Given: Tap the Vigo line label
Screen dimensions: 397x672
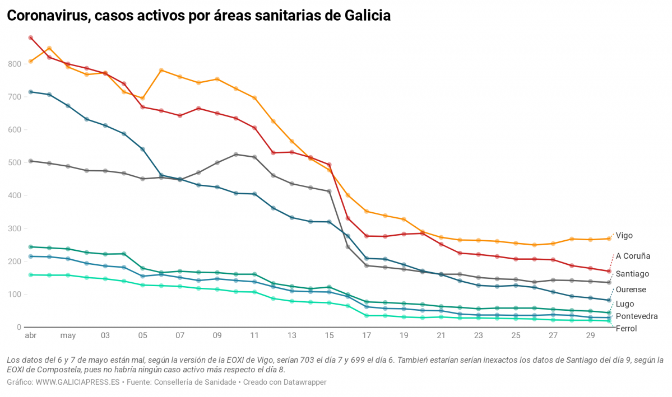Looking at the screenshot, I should (624, 236).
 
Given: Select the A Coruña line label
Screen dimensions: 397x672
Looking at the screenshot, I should (633, 256).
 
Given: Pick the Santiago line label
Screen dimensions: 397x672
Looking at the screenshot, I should (632, 274).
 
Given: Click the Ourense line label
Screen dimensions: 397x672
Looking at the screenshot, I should (631, 289).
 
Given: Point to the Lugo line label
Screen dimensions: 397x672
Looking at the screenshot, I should (625, 304).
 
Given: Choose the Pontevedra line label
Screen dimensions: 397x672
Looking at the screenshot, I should (637, 316).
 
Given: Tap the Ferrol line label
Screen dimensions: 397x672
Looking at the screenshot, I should (626, 329).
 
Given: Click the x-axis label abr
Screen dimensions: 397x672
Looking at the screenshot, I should (30, 336).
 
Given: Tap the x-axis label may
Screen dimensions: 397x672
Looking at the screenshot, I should (68, 336).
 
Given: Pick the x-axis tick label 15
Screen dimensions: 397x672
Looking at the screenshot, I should (329, 336).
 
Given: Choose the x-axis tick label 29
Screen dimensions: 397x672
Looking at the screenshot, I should (590, 336).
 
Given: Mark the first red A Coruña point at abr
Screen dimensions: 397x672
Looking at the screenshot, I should (31, 38).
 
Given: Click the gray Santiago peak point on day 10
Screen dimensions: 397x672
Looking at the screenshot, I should (236, 155).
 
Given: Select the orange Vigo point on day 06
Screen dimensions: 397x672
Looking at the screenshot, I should (161, 71).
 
